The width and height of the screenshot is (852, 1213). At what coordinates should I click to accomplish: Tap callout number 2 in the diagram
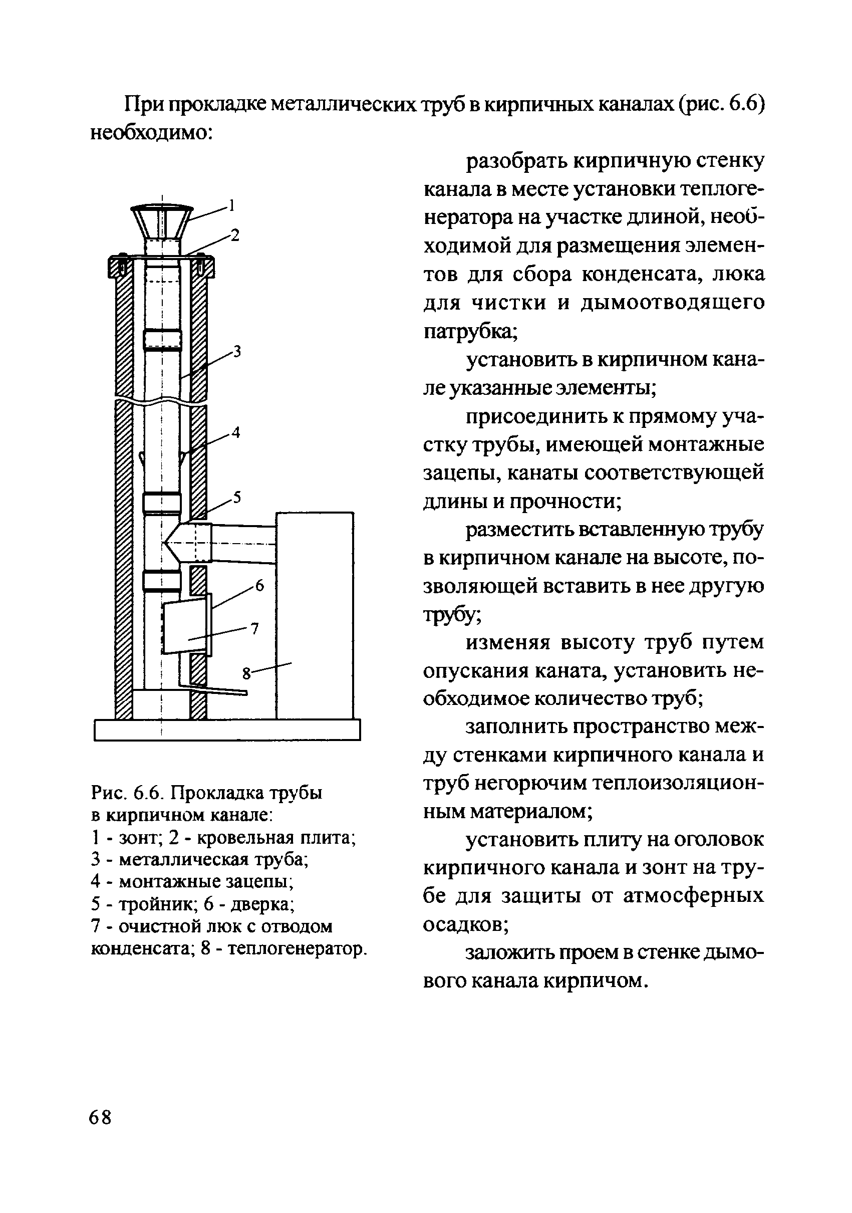[235, 235]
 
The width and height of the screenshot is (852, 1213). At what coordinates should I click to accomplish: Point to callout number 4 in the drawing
[235, 433]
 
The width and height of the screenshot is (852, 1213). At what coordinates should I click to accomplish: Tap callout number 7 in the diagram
[254, 628]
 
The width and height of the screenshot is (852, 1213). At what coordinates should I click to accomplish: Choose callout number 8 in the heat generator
[246, 674]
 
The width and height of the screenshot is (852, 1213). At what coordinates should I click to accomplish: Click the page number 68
[100, 1117]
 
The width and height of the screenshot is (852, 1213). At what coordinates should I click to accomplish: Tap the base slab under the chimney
[227, 730]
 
